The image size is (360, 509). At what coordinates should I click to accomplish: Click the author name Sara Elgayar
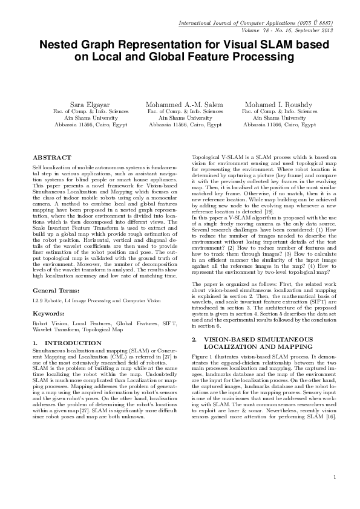pyautogui.click(x=91, y=105)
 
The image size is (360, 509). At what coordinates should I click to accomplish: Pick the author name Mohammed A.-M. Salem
pyautogui.click(x=185, y=105)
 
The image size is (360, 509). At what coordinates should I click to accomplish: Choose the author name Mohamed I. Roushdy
pyautogui.click(x=280, y=105)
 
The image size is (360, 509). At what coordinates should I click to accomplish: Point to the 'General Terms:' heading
pyautogui.click(x=53, y=291)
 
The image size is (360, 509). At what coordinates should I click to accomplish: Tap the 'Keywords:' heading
pyautogui.click(x=48, y=314)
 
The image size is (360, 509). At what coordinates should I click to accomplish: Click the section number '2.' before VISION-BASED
pyautogui.click(x=194, y=339)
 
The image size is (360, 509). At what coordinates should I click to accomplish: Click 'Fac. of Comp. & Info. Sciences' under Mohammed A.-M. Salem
pyautogui.click(x=185, y=111)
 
